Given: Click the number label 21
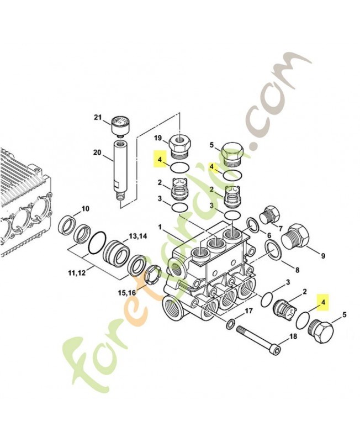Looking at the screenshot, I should coord(98,118).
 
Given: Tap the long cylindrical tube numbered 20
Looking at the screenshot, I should coord(119,169).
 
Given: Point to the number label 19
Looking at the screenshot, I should coord(157,138).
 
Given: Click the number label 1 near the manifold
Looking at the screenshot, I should coord(160,228).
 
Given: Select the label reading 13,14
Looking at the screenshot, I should coord(139,236).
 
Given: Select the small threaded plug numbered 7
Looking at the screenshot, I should coord(271,214).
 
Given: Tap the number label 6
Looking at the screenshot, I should coord(269,236).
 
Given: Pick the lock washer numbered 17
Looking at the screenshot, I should coord(230,322).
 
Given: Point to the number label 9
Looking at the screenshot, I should coord(323,255).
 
